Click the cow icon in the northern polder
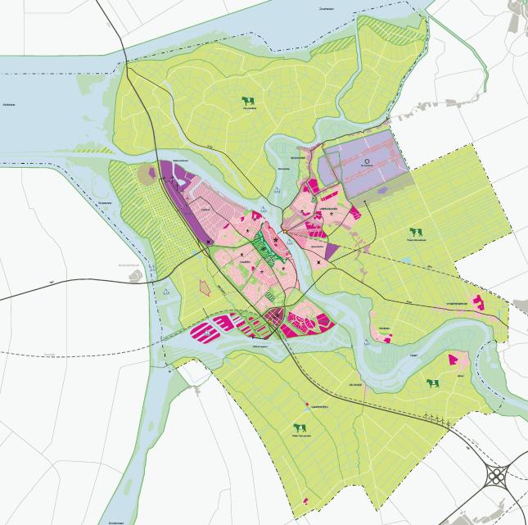(x=248, y=101)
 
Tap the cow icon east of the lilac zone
(x=416, y=233)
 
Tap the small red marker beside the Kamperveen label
(x=306, y=405)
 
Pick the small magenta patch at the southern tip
(x=305, y=500)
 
